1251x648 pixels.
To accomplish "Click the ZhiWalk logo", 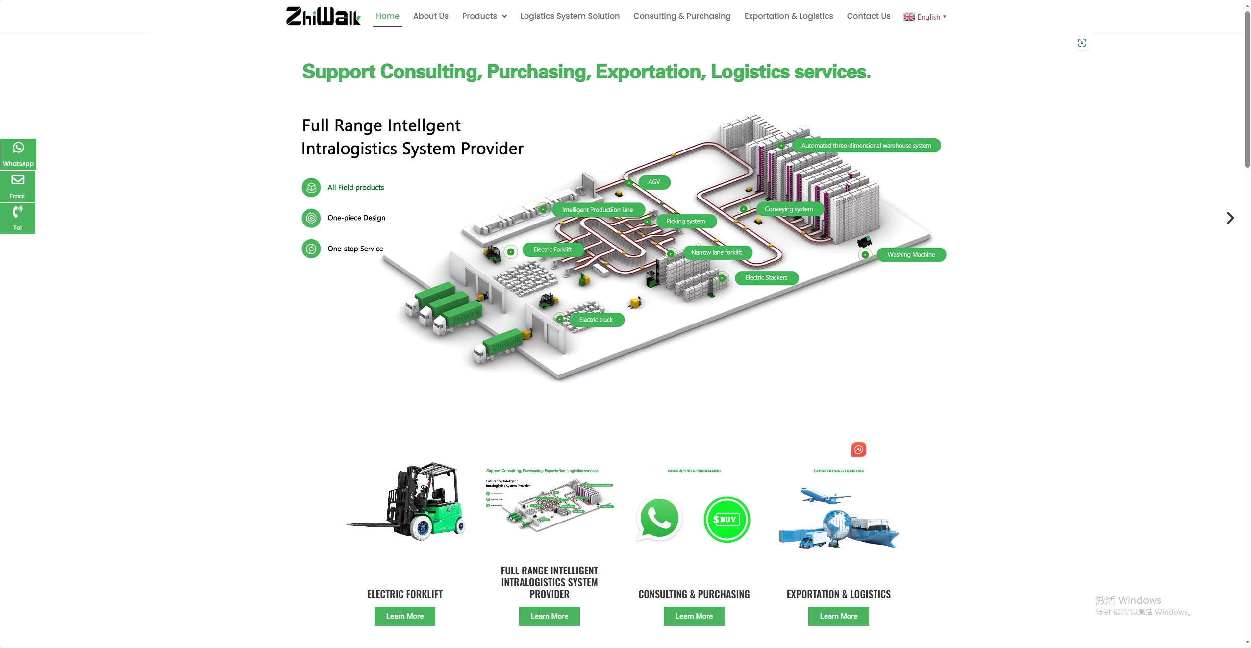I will pyautogui.click(x=323, y=16).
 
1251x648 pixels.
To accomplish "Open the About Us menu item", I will pyautogui.click(x=430, y=16).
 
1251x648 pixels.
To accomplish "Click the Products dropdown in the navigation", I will pyautogui.click(x=484, y=16).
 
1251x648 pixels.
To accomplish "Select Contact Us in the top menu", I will pyautogui.click(x=868, y=16).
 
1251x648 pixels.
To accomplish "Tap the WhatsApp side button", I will pyautogui.click(x=18, y=154).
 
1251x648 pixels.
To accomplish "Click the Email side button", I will pyautogui.click(x=18, y=186).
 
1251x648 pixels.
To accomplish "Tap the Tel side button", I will pyautogui.click(x=18, y=218).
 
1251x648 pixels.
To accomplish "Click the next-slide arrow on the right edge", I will pyautogui.click(x=1230, y=218).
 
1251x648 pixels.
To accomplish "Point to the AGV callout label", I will pyautogui.click(x=654, y=182).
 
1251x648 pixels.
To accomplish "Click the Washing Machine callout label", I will pyautogui.click(x=911, y=255).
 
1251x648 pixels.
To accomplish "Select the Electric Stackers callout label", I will pyautogui.click(x=766, y=278).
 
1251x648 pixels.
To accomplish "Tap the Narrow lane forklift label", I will pyautogui.click(x=716, y=252).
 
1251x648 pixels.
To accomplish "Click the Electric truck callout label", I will pyautogui.click(x=596, y=320).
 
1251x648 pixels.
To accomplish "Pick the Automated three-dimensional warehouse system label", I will pyautogui.click(x=866, y=146).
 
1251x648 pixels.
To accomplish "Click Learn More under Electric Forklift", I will pyautogui.click(x=404, y=616).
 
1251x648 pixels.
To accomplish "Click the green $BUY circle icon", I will pyautogui.click(x=726, y=519).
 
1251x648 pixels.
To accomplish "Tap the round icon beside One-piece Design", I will pyautogui.click(x=311, y=218).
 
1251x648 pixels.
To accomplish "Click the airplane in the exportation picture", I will pyautogui.click(x=822, y=496).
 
